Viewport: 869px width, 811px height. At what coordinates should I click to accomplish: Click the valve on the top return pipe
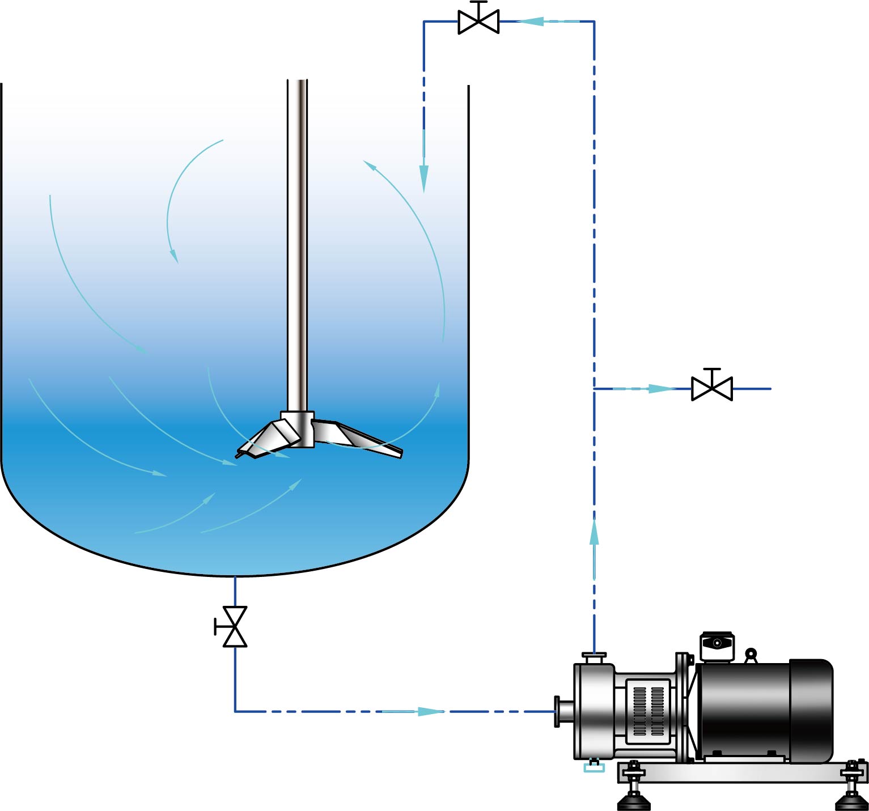click(x=478, y=22)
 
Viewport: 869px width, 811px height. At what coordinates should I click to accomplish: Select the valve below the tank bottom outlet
click(x=235, y=627)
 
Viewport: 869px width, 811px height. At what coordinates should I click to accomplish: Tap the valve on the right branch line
click(x=712, y=388)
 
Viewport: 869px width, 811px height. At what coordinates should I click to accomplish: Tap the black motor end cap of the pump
click(x=811, y=711)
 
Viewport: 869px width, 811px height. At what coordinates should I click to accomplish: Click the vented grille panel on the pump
click(x=649, y=711)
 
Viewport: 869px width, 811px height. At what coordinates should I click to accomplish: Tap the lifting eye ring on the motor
click(x=751, y=655)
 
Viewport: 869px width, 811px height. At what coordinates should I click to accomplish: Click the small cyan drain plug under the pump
click(x=594, y=767)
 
